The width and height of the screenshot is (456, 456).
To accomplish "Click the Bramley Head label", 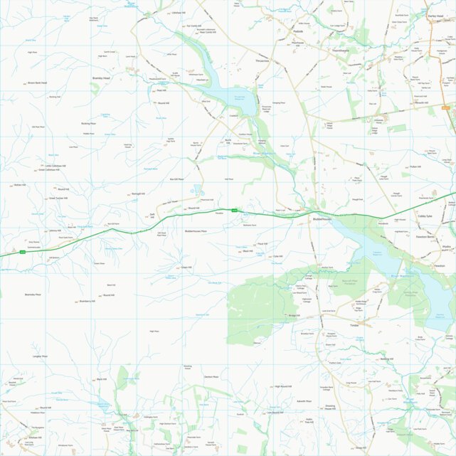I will point(101,78).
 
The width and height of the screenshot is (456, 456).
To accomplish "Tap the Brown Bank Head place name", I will point(37,83).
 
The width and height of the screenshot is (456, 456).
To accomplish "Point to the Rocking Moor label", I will point(88,123).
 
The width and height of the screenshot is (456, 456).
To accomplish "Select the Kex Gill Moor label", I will point(176,179).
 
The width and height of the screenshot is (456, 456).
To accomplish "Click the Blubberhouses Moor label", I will point(194,231).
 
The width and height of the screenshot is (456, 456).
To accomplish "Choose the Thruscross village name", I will point(263,62).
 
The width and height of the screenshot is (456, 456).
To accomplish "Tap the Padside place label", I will point(297,31).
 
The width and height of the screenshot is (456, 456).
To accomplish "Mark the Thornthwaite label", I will point(340,51).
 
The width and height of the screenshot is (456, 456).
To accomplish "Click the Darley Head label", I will point(435,15).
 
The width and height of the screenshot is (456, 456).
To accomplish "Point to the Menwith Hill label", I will point(420,102).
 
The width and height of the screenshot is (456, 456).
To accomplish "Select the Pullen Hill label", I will point(415,166).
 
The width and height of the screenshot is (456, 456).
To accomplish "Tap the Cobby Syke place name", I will point(425,216).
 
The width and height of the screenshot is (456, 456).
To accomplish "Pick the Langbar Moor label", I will point(40,356).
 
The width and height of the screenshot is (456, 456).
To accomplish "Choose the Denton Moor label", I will point(211,376).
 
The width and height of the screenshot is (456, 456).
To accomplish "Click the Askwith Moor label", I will point(304,401).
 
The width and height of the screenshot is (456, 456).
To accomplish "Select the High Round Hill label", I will point(283,386).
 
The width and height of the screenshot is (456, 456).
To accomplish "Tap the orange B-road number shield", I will point(446,107).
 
